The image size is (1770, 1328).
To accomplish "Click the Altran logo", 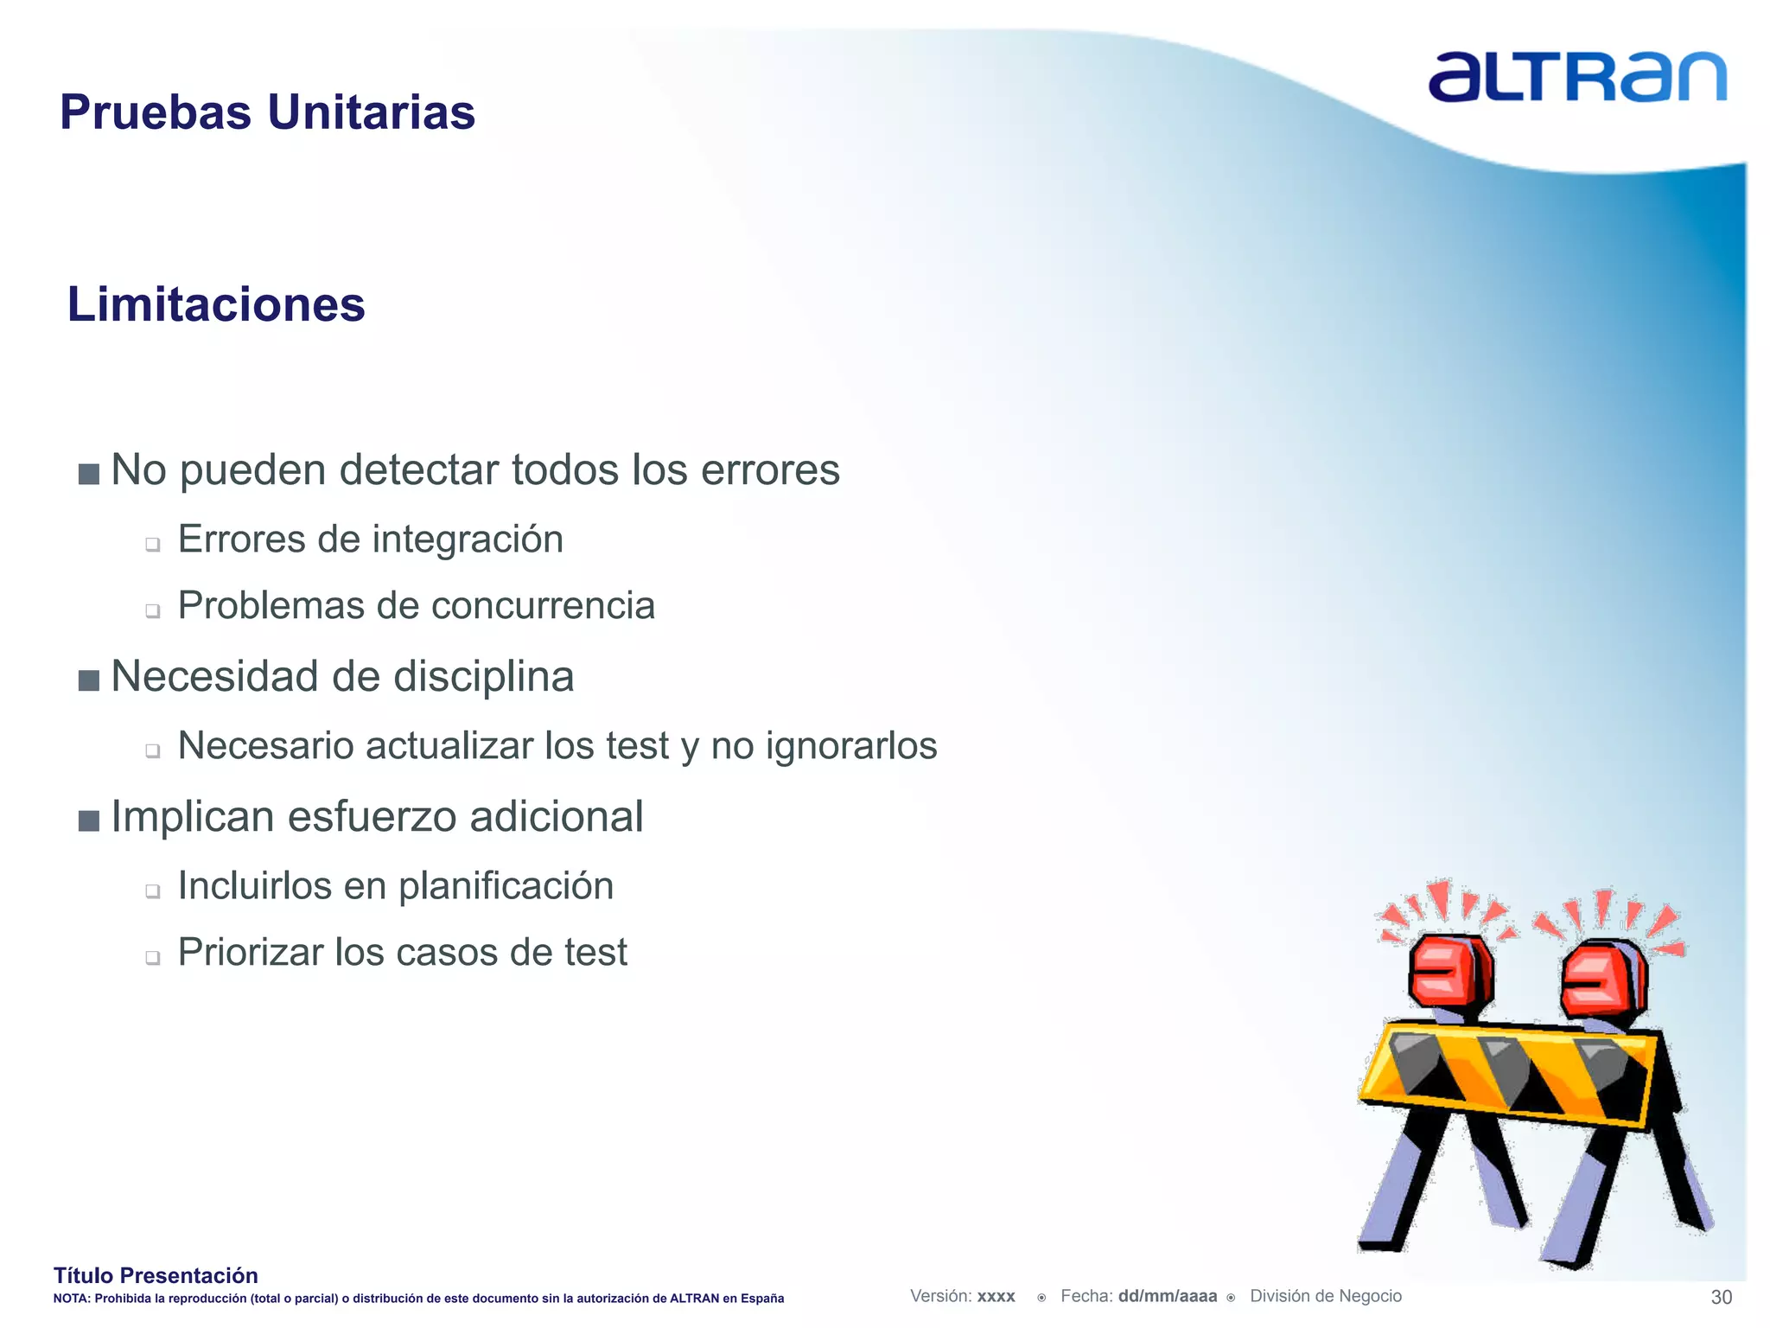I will pyautogui.click(x=1576, y=78).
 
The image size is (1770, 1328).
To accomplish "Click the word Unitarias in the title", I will pyautogui.click(x=371, y=112).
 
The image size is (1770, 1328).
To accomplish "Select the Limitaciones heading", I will pyautogui.click(x=216, y=305).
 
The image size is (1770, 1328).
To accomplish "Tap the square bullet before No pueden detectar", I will pyautogui.click(x=88, y=474).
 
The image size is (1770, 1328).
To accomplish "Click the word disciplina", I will pyautogui.click(x=483, y=677).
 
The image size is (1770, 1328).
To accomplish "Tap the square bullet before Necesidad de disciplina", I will pyautogui.click(x=88, y=680).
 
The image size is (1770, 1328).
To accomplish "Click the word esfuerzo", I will pyautogui.click(x=372, y=817).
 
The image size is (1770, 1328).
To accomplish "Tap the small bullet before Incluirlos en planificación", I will pyautogui.click(x=153, y=891).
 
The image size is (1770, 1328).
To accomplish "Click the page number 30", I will pyautogui.click(x=1721, y=1297).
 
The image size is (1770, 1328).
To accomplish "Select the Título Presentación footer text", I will pyautogui.click(x=156, y=1275).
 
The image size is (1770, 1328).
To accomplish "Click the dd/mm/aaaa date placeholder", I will pyautogui.click(x=1167, y=1296).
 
